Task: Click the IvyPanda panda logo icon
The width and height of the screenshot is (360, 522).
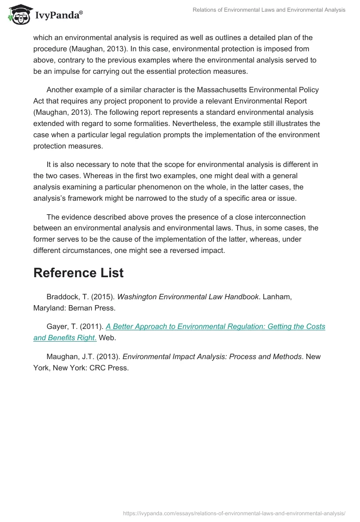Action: (x=17, y=14)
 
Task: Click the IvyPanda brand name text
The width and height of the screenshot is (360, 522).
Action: (x=57, y=16)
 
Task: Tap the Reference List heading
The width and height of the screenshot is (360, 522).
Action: (x=78, y=273)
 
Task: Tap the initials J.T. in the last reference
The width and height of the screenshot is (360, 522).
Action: (x=84, y=356)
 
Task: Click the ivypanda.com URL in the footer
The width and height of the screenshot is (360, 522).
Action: (x=234, y=513)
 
